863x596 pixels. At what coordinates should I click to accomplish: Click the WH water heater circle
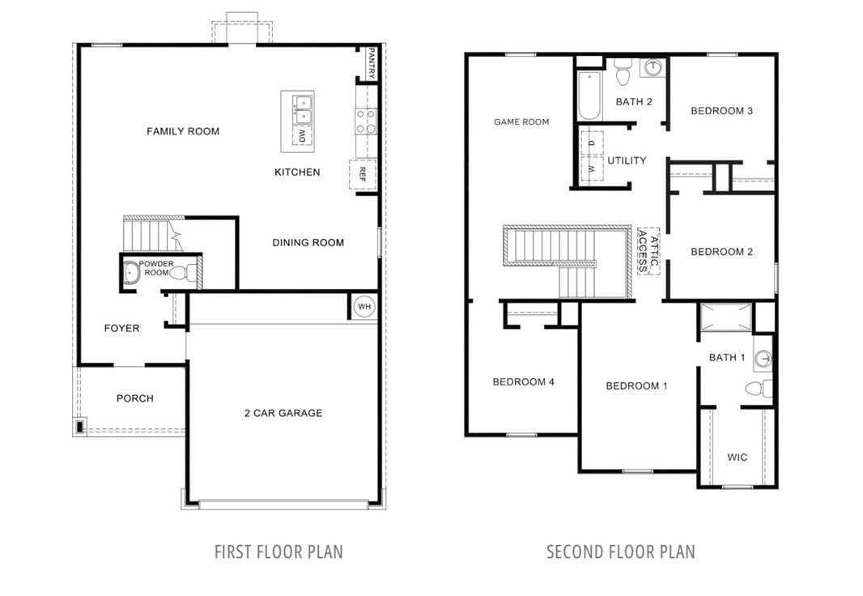[364, 307]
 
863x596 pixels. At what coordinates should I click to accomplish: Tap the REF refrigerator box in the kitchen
[362, 174]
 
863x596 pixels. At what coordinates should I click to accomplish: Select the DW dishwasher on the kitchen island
[303, 135]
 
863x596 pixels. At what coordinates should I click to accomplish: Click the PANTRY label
[372, 62]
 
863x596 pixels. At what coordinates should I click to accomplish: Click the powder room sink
[131, 273]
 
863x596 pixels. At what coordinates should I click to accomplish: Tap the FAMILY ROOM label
[183, 131]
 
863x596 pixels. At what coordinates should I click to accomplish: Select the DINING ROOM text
[308, 243]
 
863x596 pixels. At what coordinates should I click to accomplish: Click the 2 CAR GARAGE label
[283, 413]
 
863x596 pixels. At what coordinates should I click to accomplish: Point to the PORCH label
[135, 398]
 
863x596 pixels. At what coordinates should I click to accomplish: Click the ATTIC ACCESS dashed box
[648, 251]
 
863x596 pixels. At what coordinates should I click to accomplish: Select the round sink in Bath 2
[653, 67]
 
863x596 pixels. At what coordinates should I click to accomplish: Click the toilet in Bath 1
[759, 388]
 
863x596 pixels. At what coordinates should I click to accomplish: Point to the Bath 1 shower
[726, 317]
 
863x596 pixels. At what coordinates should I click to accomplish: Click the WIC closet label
[737, 457]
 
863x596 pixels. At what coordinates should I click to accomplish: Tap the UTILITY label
[627, 160]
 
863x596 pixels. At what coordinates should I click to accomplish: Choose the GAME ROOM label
[521, 121]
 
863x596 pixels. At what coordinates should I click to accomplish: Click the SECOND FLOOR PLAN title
[621, 551]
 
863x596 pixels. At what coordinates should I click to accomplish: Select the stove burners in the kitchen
[366, 121]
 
